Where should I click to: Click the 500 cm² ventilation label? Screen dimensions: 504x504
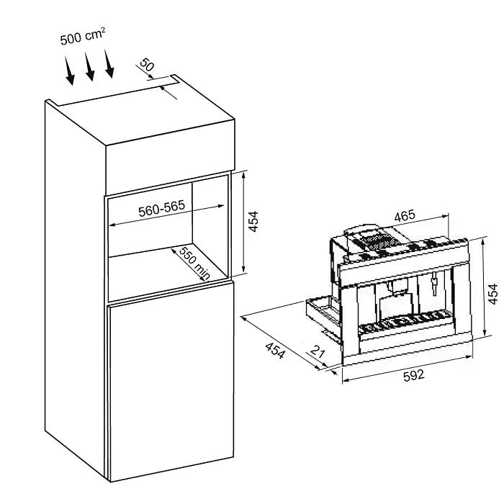click(x=83, y=36)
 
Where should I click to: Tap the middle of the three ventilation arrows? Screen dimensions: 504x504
click(x=89, y=66)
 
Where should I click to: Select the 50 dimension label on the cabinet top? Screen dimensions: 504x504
click(x=147, y=65)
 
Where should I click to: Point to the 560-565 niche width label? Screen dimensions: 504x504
click(x=162, y=208)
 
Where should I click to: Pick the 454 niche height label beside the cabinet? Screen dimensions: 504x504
click(x=253, y=222)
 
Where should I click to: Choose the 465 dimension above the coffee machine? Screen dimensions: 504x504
click(x=405, y=216)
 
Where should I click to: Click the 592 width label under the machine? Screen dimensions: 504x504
click(x=414, y=375)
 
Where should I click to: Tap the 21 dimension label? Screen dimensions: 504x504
click(x=318, y=352)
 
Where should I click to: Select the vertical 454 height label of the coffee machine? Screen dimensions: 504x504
click(x=492, y=294)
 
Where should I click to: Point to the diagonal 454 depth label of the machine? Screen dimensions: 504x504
click(x=275, y=351)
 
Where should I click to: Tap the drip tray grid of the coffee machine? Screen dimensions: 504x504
click(x=405, y=323)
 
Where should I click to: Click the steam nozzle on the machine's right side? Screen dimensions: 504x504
click(x=435, y=284)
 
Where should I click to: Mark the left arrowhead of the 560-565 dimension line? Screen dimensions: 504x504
click(x=112, y=225)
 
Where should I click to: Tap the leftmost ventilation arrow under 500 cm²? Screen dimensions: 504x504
click(x=69, y=71)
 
